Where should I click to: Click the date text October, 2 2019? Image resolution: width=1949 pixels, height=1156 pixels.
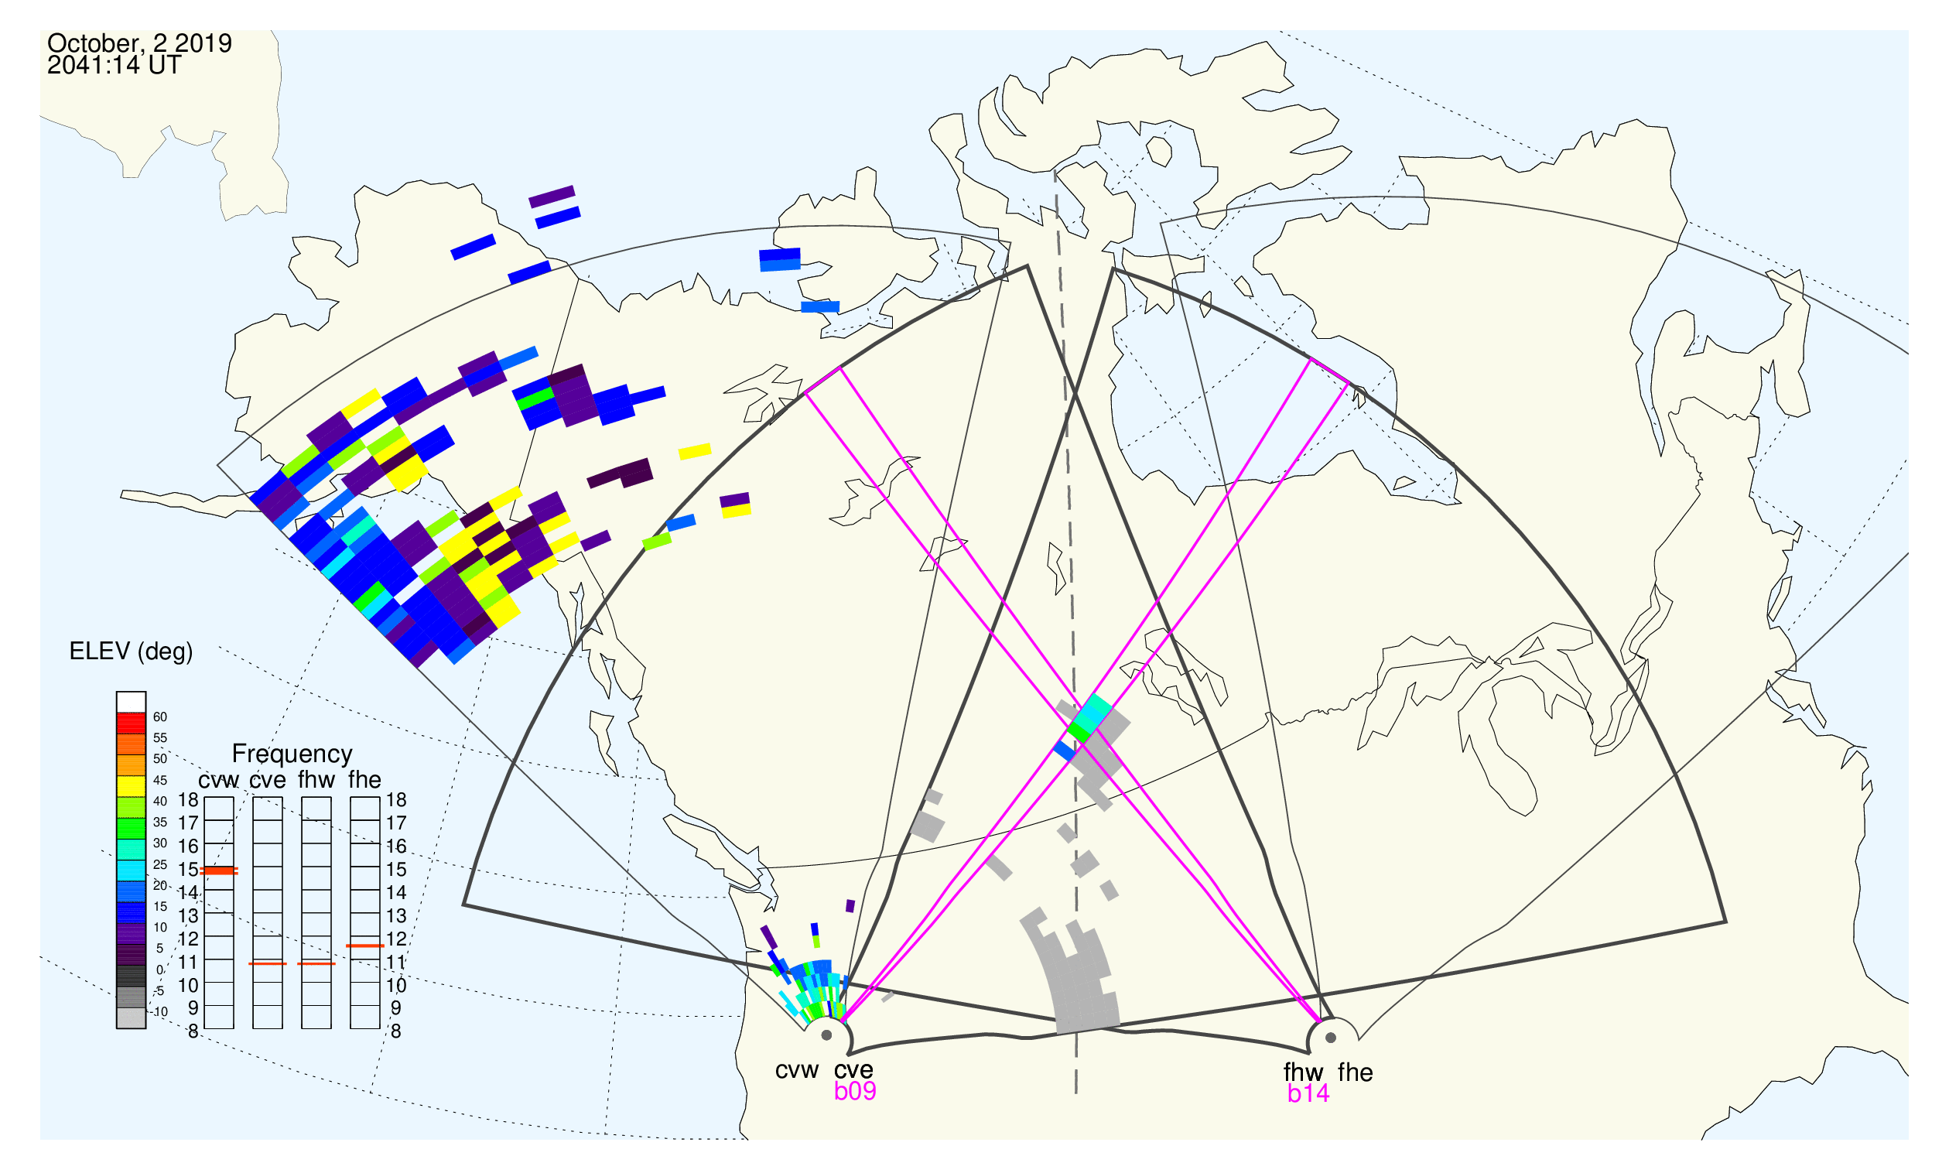coord(139,43)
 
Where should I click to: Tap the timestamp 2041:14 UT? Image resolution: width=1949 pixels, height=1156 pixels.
coord(114,66)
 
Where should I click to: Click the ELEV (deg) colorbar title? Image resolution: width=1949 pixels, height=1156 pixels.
coord(131,652)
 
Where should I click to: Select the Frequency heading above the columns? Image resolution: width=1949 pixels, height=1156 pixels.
coord(292,754)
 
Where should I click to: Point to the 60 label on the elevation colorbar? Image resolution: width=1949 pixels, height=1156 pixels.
coord(159,717)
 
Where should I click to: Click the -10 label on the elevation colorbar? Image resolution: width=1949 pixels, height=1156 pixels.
coord(159,1012)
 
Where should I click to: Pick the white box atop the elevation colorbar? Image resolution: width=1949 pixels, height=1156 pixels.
coord(131,702)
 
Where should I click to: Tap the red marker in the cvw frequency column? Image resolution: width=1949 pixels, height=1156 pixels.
coord(219,870)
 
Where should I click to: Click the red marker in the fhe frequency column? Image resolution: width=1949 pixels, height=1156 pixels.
coord(365,946)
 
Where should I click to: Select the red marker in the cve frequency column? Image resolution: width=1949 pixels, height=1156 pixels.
coord(268,963)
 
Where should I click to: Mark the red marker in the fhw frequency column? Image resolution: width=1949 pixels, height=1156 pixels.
coord(316,963)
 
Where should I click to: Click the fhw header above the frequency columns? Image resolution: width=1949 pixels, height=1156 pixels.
coord(316,780)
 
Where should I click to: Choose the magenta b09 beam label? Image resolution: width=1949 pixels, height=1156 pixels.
coord(854,1091)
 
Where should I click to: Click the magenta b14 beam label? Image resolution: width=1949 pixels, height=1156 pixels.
coord(1308,1093)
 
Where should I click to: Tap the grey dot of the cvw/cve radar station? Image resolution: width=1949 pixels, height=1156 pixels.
coord(826,1036)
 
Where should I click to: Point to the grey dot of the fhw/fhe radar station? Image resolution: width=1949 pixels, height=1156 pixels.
coord(1332,1038)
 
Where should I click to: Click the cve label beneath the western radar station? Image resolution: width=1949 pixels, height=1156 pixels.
coord(853,1070)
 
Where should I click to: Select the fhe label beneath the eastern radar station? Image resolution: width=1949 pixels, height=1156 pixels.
coord(1356,1072)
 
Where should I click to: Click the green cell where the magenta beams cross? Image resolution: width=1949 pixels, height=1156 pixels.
coord(1079,731)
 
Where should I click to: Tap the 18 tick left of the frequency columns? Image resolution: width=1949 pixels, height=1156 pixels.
coord(189,800)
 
